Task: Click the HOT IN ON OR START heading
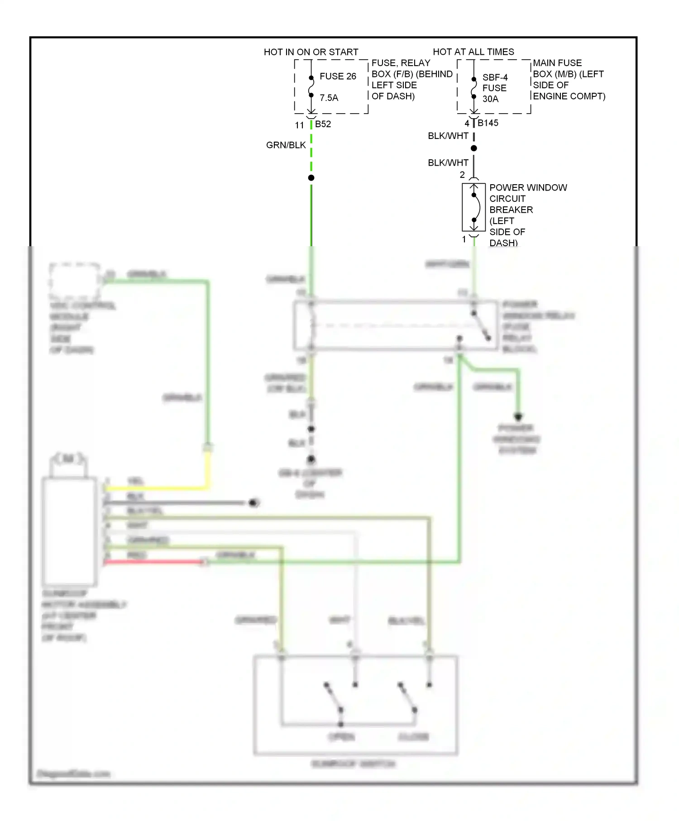311,52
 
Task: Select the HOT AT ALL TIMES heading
473,52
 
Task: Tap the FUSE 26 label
338,76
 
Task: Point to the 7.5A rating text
329,98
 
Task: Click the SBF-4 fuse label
494,77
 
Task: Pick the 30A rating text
490,99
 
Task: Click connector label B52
323,124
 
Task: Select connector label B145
488,123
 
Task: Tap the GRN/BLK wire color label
286,145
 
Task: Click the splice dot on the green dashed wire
311,178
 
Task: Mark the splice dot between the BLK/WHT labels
473,148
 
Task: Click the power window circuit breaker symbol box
473,207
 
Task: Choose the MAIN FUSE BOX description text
568,79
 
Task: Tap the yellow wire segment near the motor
158,488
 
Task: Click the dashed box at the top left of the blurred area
75,281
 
